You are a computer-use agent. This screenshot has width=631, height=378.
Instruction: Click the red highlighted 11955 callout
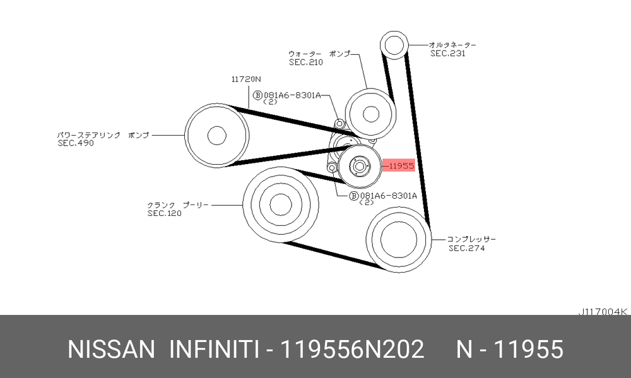point(398,165)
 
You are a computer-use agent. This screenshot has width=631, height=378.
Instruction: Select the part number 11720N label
point(246,80)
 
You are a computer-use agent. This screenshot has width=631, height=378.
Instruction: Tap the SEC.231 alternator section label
point(447,54)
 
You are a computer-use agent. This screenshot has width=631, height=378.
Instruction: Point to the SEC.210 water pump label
point(306,62)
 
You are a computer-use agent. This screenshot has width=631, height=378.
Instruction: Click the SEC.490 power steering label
point(76,143)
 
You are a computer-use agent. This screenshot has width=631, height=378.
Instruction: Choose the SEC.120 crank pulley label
point(164,213)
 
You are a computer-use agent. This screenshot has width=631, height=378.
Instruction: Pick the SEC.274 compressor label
point(467,249)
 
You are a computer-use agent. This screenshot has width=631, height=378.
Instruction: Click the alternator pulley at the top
point(394,45)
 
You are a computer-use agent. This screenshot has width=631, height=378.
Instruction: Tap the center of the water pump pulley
point(370,114)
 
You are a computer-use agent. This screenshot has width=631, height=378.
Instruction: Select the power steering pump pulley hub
point(216,136)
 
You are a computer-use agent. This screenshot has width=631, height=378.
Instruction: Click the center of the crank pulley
point(281,205)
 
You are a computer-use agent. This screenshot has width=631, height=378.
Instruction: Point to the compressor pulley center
point(398,240)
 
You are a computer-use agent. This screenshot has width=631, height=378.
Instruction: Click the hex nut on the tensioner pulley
point(360,166)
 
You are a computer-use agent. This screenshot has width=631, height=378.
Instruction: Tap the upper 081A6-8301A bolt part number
point(292,95)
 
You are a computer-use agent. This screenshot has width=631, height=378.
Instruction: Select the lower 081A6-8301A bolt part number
point(388,196)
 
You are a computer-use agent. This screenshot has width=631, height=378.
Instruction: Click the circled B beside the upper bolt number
point(257,95)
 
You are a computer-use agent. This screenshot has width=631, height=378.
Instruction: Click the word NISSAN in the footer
point(111,349)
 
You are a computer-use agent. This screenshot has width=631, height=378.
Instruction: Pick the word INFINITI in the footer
point(214,349)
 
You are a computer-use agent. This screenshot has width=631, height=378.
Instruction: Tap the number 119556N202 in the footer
point(352,349)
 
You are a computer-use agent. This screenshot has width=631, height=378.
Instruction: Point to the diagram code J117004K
point(603,312)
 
